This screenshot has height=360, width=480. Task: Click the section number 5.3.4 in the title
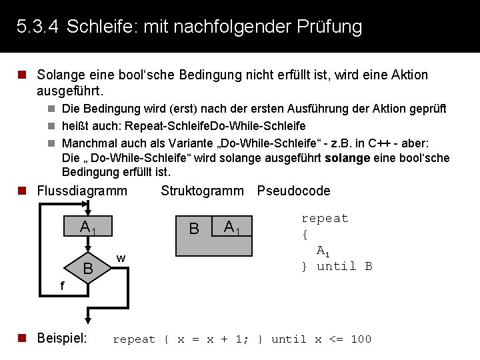[x=37, y=27]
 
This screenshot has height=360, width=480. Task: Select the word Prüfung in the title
[x=331, y=27]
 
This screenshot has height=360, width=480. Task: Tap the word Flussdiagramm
[x=82, y=191]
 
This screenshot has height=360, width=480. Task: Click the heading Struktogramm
[x=203, y=191]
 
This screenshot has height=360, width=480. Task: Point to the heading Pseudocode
[x=293, y=191]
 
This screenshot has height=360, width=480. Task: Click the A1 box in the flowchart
[x=87, y=227]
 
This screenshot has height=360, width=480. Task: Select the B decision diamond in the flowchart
[x=87, y=269]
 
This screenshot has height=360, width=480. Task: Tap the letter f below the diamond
[x=61, y=286]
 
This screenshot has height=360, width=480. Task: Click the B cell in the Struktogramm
[x=194, y=229]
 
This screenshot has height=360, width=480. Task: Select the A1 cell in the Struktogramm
[x=231, y=228]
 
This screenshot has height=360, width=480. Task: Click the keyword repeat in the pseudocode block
[x=325, y=219]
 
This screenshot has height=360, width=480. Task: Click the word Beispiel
[x=62, y=338]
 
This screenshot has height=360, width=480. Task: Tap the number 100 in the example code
[x=361, y=339]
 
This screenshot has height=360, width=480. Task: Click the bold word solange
[x=347, y=158]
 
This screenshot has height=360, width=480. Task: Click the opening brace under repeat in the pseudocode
[x=304, y=235]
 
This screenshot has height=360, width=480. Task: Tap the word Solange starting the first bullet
[x=57, y=75]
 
